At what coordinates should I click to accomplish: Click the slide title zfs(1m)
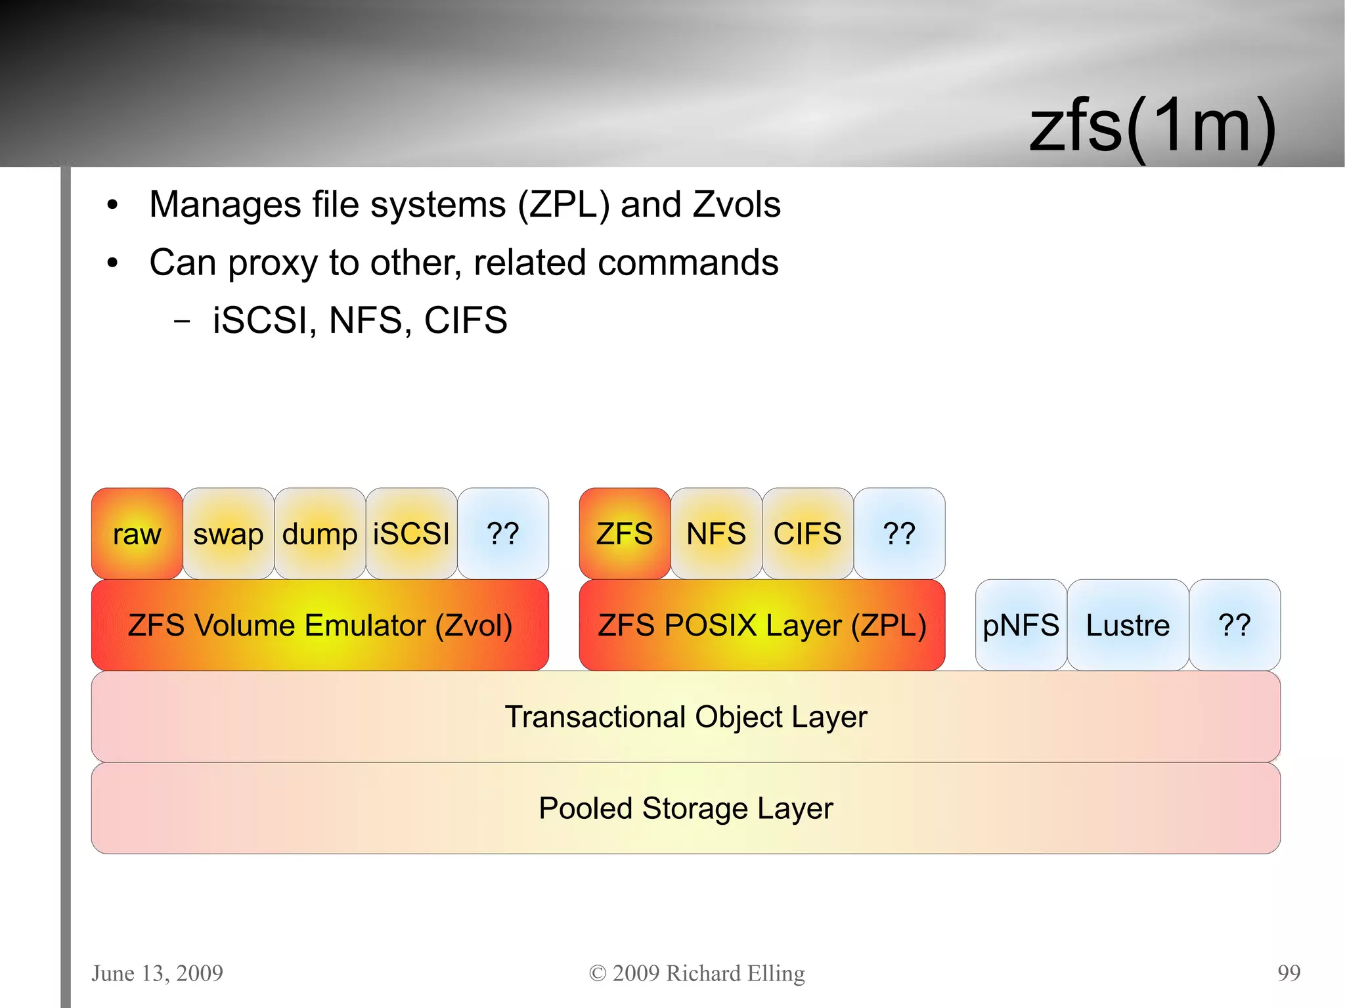(x=1153, y=125)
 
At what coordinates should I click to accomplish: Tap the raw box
(x=137, y=533)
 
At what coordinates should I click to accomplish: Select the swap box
(x=228, y=533)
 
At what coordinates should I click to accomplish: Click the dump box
(x=320, y=533)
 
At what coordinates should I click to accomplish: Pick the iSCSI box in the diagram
(x=411, y=533)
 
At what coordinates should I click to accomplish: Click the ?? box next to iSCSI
(x=502, y=533)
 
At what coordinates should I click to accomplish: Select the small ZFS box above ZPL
(x=625, y=533)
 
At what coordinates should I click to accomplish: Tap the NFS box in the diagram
(x=716, y=533)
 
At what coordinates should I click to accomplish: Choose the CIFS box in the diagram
(x=807, y=533)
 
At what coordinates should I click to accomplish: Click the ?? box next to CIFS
(x=899, y=533)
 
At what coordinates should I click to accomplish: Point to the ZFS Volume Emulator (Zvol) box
(x=320, y=625)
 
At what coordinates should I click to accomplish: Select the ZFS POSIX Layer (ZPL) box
(x=762, y=625)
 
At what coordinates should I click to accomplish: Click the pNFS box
(x=1021, y=625)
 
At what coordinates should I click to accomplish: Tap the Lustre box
(x=1128, y=625)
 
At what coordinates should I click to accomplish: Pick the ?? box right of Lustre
(x=1234, y=625)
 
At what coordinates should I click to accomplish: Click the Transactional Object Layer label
(x=686, y=716)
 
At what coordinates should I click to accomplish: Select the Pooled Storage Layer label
(x=686, y=808)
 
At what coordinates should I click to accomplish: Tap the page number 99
(x=1289, y=973)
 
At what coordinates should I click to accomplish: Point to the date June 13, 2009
(x=157, y=973)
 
